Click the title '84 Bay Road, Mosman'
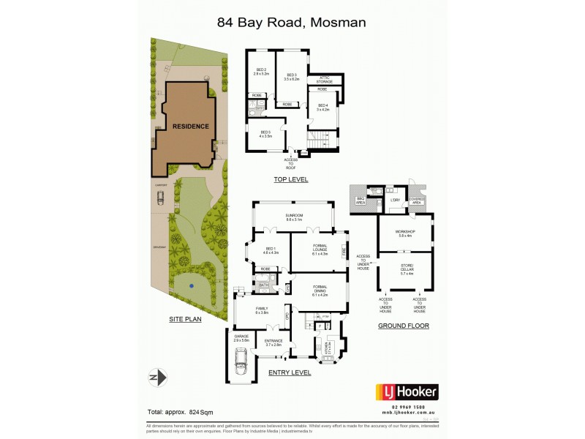(x=292, y=22)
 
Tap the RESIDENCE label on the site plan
(x=190, y=126)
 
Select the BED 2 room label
(x=260, y=72)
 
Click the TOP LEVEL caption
(x=290, y=179)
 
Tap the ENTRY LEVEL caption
(x=290, y=372)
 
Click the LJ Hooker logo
(x=407, y=391)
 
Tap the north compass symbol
(x=159, y=377)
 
